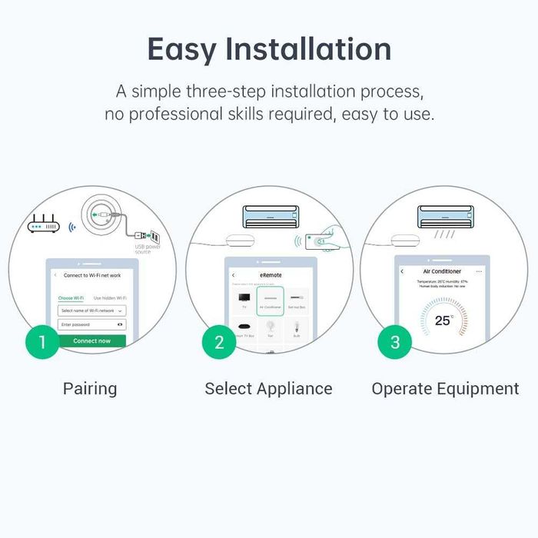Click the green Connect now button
tap(91, 340)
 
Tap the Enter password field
tap(91, 324)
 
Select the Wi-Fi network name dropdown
tap(91, 311)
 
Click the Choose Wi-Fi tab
tap(71, 297)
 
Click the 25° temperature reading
tap(443, 320)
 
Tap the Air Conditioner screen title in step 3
tap(442, 271)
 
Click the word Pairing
tap(90, 389)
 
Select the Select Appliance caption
tap(268, 389)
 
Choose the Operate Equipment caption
tap(445, 389)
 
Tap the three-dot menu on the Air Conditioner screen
tap(479, 271)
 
